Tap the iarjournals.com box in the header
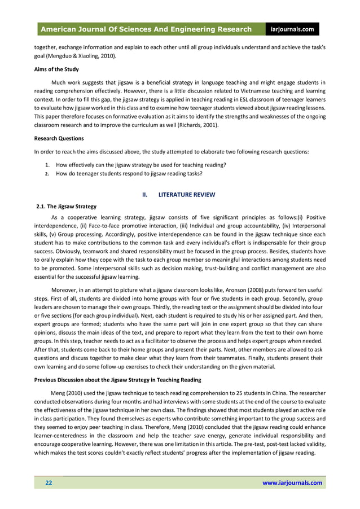click(293, 29)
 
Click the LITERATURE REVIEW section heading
click(186, 195)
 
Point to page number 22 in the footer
click(49, 483)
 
